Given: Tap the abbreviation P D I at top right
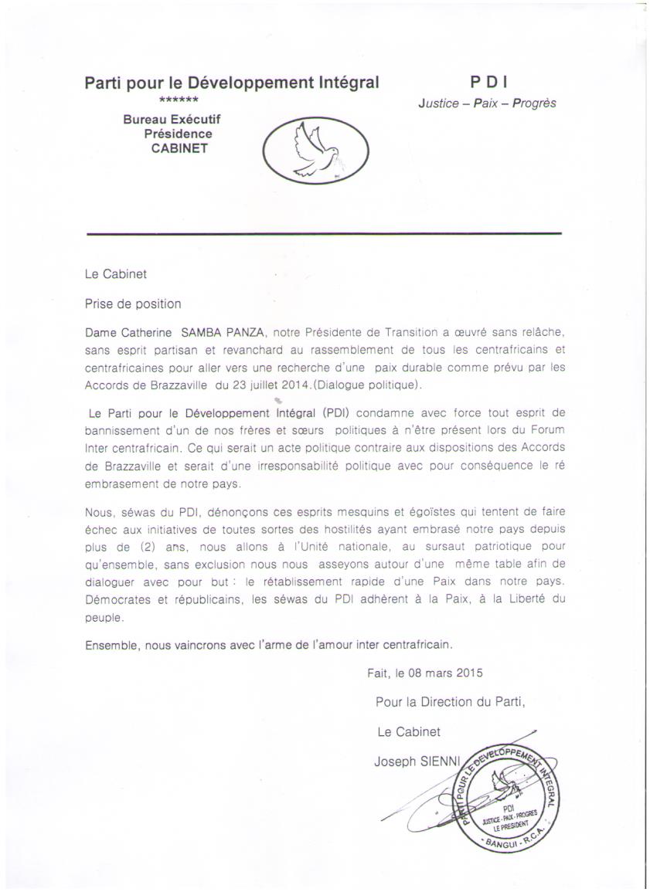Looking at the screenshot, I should click(x=488, y=82).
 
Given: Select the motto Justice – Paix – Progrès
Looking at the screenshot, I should click(x=487, y=103).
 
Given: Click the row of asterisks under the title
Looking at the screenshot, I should click(x=179, y=101).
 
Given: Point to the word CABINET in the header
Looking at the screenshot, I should click(x=179, y=148).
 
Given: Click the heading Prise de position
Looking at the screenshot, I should click(x=133, y=304).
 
